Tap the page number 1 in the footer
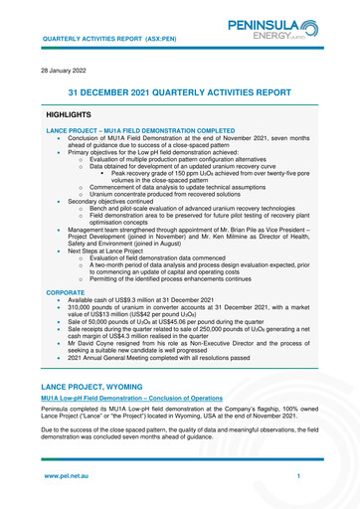click(298, 477)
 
